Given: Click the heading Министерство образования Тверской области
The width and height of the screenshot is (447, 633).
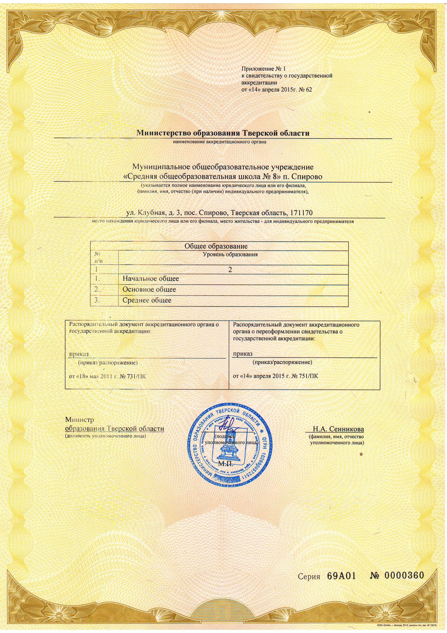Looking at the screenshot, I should coord(223,133).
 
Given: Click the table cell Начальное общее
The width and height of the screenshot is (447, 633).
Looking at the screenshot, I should coord(151,279).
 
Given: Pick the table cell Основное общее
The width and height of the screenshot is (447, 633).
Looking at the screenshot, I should coord(149,289).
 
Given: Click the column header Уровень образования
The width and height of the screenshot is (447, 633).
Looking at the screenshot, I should coord(230,254).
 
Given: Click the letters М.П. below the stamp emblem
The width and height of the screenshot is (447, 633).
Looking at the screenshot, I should coord(225,463).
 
